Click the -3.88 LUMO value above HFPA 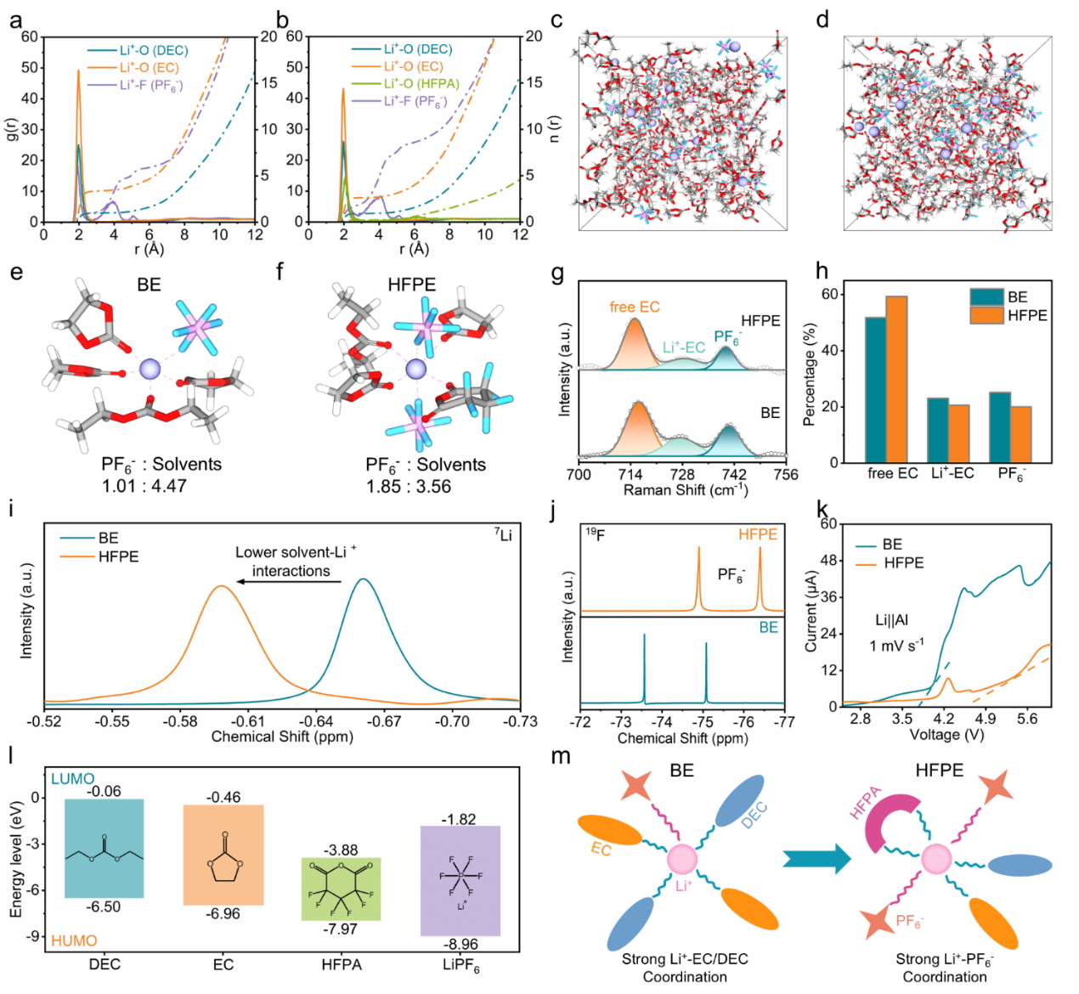point(341,850)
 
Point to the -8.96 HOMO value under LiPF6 point(460,944)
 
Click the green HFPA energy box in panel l point(341,889)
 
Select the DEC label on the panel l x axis point(105,964)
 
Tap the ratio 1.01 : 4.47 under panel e point(144,487)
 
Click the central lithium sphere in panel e point(150,368)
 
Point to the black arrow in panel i point(289,581)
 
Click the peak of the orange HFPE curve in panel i point(221,586)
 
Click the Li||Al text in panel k point(892,621)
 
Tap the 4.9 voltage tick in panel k point(985,719)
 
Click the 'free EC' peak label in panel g point(635,307)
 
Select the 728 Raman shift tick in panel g point(681,474)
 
